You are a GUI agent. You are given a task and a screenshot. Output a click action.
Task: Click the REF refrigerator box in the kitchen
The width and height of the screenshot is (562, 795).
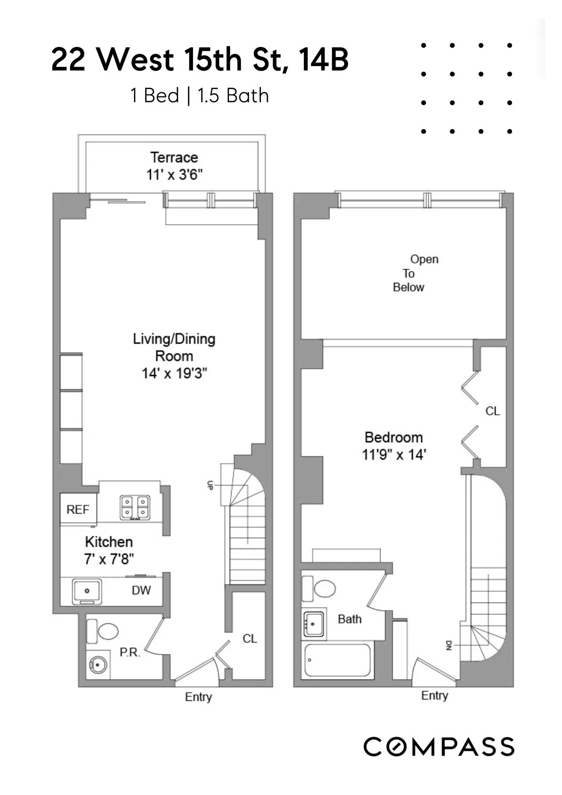point(78,509)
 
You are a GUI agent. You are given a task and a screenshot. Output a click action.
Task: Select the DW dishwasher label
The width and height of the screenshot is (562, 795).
point(141,590)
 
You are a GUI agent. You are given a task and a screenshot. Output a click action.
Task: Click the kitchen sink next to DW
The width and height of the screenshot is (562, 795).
point(87,591)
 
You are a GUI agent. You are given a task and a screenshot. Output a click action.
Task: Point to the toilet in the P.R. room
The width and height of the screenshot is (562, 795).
point(104,631)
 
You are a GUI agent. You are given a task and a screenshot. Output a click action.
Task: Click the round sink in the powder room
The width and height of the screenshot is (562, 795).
point(98,664)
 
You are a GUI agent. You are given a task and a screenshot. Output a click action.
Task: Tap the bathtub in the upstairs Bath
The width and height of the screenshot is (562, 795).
point(338,660)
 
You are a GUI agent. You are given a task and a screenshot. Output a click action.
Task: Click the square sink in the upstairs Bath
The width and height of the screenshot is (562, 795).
point(314,624)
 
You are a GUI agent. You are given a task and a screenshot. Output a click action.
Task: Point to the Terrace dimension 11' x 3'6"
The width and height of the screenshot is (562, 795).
point(174,175)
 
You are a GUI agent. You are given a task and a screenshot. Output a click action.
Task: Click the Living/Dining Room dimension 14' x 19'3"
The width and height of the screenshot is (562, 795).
point(174,374)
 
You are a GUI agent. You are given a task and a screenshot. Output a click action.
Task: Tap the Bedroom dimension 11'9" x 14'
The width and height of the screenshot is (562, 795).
point(394,455)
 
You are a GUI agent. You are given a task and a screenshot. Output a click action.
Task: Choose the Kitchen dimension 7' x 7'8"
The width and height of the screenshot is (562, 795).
point(109,559)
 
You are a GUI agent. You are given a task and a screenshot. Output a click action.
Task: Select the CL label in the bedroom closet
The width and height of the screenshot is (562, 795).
point(492,411)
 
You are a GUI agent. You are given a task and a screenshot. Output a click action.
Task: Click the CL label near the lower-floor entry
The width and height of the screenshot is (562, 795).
point(250,639)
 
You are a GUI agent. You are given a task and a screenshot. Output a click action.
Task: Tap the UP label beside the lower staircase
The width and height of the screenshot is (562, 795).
point(210,486)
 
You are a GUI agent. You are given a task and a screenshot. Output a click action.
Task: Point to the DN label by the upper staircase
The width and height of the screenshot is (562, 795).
point(448,646)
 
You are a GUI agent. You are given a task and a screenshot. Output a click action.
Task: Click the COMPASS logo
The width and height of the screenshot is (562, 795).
point(439,746)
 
